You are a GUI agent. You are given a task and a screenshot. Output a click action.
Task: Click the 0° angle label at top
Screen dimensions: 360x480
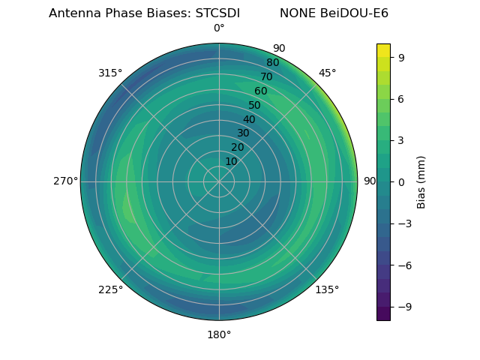coord(219,28)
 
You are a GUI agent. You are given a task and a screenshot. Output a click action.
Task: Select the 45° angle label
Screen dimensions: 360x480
coord(327,73)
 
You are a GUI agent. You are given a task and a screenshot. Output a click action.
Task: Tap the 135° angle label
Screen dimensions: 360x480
coord(327,289)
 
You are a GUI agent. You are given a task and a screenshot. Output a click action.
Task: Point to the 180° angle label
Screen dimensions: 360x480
coord(219,334)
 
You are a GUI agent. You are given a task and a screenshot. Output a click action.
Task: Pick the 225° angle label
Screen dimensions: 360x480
coord(110,289)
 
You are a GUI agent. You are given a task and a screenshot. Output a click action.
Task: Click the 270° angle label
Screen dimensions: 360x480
coord(65,181)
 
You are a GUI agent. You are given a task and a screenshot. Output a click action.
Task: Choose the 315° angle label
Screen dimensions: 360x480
coord(110,73)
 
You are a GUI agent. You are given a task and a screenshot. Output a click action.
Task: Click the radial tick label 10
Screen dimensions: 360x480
coord(231,161)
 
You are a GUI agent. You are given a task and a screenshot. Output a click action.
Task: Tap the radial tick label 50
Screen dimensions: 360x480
coord(255,105)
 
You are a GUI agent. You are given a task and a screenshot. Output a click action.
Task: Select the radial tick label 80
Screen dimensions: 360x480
coord(273,63)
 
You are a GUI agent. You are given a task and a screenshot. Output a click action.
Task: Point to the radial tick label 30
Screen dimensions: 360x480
coord(243,133)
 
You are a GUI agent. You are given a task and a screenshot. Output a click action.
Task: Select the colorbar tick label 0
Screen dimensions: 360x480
coord(401,182)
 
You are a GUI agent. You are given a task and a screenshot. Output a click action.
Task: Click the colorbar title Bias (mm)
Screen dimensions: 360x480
coord(421,182)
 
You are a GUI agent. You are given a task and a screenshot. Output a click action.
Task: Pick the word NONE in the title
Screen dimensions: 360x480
coord(297,13)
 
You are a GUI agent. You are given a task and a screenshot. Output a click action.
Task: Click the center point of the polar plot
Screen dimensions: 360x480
coord(219,181)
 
